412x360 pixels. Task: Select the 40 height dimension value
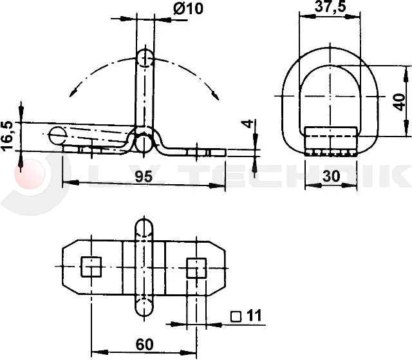pyautogui.click(x=400, y=102)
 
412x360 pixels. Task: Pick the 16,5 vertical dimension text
pyautogui.click(x=8, y=136)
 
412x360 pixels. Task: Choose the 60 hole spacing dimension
pyautogui.click(x=144, y=345)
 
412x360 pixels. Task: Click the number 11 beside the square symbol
pyautogui.click(x=254, y=316)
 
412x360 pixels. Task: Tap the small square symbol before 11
pyautogui.click(x=236, y=316)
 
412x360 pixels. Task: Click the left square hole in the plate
pyautogui.click(x=92, y=267)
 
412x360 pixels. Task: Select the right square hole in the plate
pyautogui.click(x=196, y=267)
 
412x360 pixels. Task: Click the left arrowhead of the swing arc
pyautogui.click(x=73, y=92)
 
